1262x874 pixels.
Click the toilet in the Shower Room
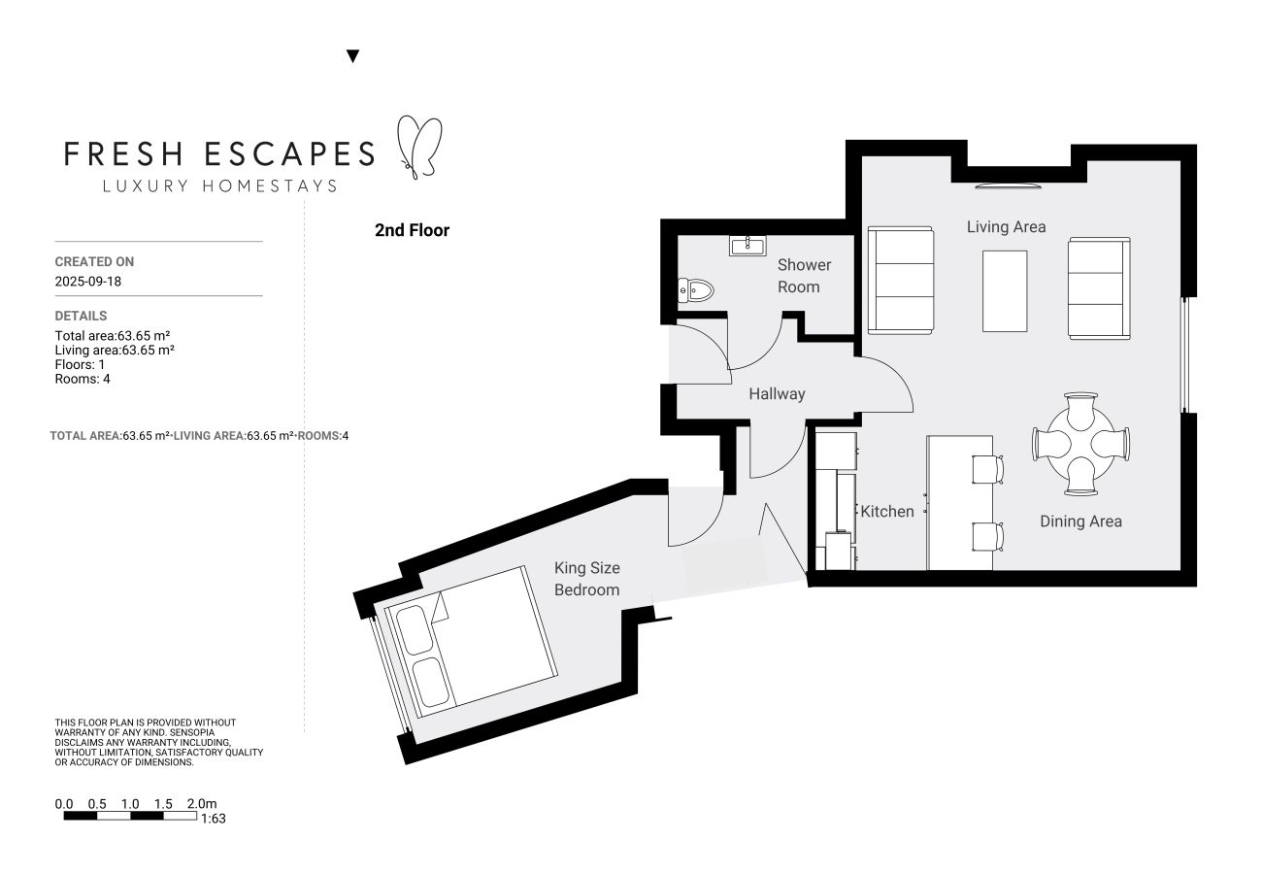(697, 289)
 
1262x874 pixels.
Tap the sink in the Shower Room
(747, 245)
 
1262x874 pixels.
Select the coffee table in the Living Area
(1005, 290)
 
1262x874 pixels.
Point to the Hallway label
(777, 394)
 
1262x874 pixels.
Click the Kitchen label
(887, 511)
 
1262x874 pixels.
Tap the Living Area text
(1006, 226)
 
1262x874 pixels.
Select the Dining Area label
(1080, 521)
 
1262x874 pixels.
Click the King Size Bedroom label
(586, 579)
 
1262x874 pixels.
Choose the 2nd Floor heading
(412, 231)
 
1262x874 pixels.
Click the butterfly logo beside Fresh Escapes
(420, 148)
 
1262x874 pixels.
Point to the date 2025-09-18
(88, 283)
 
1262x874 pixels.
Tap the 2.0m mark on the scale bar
(202, 804)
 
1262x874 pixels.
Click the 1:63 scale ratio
(213, 819)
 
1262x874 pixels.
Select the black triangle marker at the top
(353, 56)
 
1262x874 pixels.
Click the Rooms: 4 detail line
(83, 379)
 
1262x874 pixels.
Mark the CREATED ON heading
(94, 262)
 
